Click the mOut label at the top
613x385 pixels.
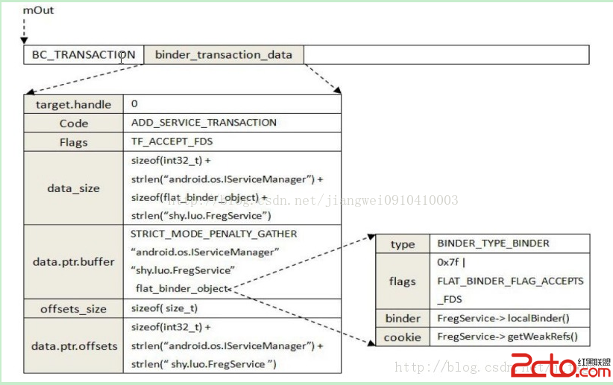coord(38,10)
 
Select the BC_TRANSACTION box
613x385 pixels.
coord(83,54)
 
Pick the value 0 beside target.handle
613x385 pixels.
coord(134,104)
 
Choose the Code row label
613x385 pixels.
coord(73,124)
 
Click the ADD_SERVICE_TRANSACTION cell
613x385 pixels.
coord(204,123)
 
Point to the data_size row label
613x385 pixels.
coord(73,188)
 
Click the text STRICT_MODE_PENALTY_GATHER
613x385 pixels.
coord(213,234)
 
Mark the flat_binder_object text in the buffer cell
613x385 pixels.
coord(182,288)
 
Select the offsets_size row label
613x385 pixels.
coord(73,308)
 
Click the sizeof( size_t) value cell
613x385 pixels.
coord(164,308)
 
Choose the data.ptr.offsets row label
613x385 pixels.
coord(73,346)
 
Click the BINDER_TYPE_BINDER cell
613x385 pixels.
coord(493,244)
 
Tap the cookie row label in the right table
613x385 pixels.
coord(402,337)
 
